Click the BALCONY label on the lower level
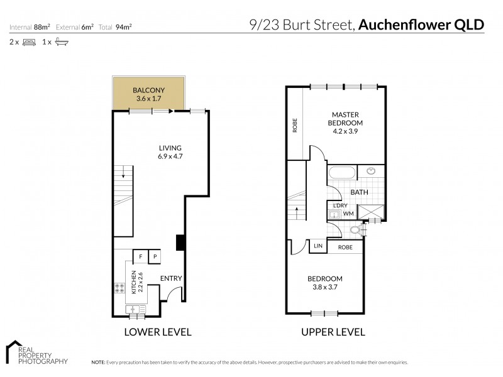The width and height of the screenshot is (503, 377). click(148, 90)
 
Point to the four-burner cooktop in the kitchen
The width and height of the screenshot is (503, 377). click(119, 288)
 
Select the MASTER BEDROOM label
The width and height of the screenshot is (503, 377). click(345, 119)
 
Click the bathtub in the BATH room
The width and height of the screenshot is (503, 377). click(341, 173)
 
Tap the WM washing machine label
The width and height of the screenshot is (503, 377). click(348, 214)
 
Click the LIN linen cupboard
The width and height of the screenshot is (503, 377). click(318, 246)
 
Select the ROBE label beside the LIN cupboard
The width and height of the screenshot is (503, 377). click(345, 247)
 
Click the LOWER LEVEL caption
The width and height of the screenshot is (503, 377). click(158, 332)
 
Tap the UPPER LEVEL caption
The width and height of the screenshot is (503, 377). click(333, 332)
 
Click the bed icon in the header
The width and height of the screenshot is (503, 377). click(29, 42)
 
